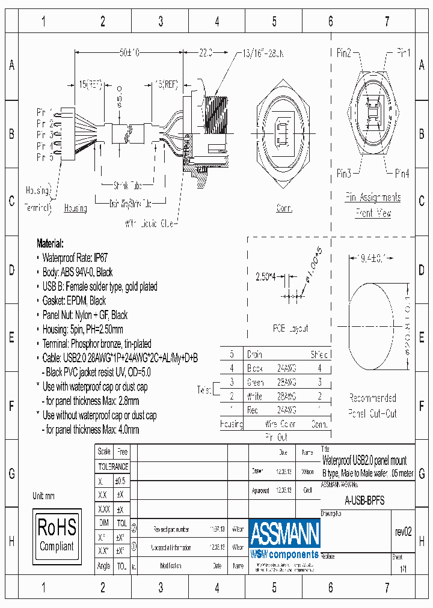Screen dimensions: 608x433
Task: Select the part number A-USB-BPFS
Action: [x=364, y=500]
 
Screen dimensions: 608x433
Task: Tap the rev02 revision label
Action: [x=404, y=532]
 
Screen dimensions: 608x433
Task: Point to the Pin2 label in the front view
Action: [x=344, y=53]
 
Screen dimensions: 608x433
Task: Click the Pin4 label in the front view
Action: [x=402, y=174]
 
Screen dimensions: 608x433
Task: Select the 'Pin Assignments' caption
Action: [x=373, y=197]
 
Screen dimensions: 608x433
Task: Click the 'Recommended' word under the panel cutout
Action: [x=373, y=398]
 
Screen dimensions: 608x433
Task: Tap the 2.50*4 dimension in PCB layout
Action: [x=266, y=277]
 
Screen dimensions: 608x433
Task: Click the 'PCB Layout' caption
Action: [x=290, y=329]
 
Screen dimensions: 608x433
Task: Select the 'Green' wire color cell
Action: [x=256, y=382]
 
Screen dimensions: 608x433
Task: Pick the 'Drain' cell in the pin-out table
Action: [x=255, y=354]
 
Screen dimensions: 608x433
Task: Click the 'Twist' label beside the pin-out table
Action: [x=204, y=390]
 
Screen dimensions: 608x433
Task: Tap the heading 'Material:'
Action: [x=50, y=243]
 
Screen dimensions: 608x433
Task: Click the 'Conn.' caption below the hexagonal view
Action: [x=284, y=208]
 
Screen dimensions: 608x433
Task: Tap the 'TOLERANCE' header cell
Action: [x=113, y=466]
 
